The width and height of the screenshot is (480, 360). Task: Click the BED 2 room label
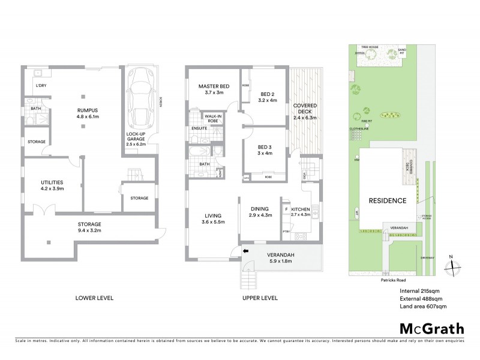click(x=267, y=94)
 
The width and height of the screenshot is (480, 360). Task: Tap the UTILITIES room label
click(x=52, y=182)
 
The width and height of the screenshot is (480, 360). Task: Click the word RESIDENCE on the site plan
click(x=388, y=200)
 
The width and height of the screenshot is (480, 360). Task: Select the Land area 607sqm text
click(x=423, y=307)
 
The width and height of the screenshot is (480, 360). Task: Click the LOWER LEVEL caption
click(x=94, y=298)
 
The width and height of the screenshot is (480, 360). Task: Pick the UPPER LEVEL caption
click(x=260, y=298)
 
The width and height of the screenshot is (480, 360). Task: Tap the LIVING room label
click(x=213, y=215)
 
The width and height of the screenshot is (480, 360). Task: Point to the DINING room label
click(x=261, y=208)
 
